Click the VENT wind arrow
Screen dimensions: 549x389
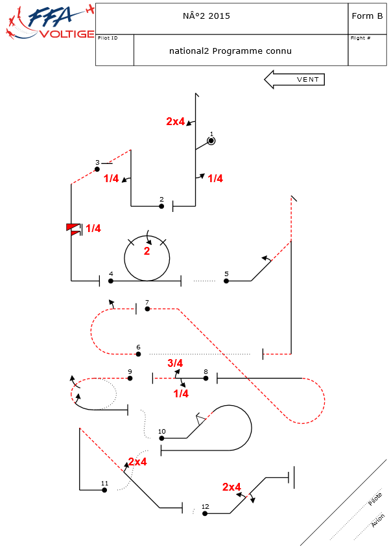click(x=294, y=80)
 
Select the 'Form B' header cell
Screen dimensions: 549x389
click(x=367, y=16)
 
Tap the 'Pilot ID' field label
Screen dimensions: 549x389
click(x=108, y=38)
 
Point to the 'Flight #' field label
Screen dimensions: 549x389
click(x=360, y=38)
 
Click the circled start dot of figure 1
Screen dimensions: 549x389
click(x=211, y=141)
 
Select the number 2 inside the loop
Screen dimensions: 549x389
click(x=147, y=251)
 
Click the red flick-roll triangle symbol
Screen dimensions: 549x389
click(x=73, y=228)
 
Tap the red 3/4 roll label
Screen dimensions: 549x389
click(x=175, y=363)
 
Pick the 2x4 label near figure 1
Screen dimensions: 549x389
click(x=176, y=121)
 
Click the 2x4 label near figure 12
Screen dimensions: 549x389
click(x=231, y=487)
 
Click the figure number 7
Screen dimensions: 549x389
click(x=147, y=302)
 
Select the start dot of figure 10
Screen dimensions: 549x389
click(x=162, y=438)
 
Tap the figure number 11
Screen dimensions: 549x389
click(x=104, y=483)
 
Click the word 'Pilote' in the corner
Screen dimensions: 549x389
click(x=375, y=499)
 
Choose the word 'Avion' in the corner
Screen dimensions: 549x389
click(x=378, y=520)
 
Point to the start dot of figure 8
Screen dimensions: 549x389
click(x=206, y=378)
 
